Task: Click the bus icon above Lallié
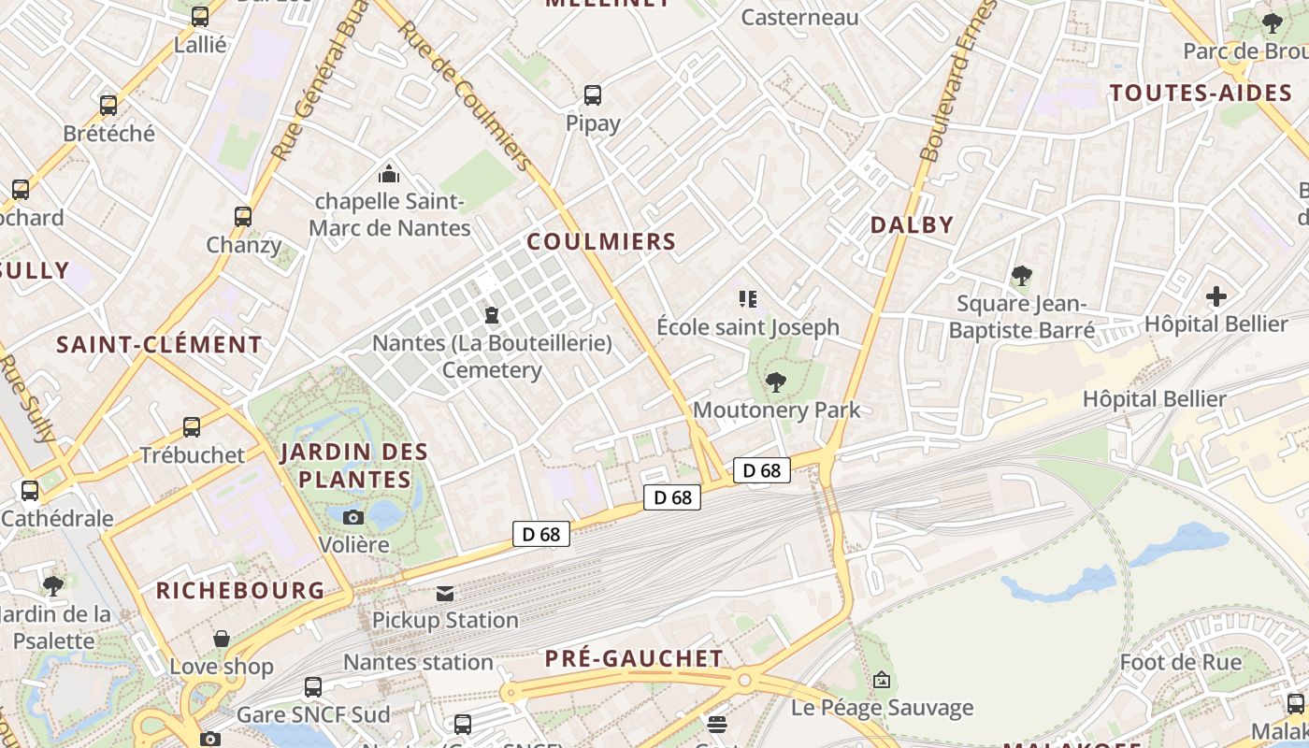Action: [x=200, y=17]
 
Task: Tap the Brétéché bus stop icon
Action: [x=108, y=106]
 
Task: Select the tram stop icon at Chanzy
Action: [x=243, y=217]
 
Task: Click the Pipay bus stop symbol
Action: [x=593, y=95]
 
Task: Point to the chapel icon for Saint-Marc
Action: [x=389, y=174]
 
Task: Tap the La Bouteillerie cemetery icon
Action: [x=492, y=316]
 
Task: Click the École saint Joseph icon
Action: [x=747, y=299]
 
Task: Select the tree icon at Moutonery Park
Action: [x=775, y=381]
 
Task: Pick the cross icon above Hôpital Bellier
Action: [x=1216, y=297]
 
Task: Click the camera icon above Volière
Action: [x=353, y=517]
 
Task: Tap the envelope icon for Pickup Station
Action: [x=445, y=593]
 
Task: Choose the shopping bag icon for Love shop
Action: [x=222, y=639]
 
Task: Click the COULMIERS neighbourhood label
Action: [x=601, y=241]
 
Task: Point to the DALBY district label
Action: [x=912, y=224]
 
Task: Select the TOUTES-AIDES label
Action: [x=1201, y=93]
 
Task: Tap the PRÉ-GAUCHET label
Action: [x=634, y=658]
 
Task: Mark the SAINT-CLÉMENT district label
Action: [x=159, y=344]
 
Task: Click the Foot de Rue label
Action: [x=1181, y=663]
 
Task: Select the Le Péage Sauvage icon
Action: [x=882, y=680]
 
